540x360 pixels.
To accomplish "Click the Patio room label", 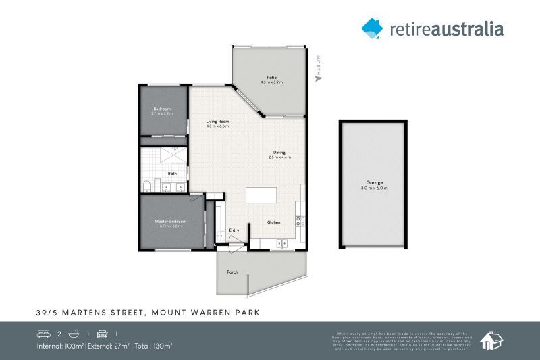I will coord(271,78).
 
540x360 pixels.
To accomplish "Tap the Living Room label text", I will coord(217,122).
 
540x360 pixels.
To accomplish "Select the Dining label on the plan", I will coord(279,153).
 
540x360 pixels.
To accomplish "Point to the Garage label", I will coord(375,182).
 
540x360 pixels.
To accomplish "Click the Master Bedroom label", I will coord(169,221).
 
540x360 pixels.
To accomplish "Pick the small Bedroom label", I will coord(162,109).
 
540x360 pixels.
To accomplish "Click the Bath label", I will coord(172,174).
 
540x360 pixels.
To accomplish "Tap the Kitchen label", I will coord(273,222).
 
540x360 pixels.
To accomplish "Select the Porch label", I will coord(232,272).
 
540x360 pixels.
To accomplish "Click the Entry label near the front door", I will coord(234,230).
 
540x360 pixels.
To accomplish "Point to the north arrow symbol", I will coord(319,78).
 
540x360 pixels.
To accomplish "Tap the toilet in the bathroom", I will coord(147,185).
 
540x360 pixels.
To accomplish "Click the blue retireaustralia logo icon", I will coord(372,28).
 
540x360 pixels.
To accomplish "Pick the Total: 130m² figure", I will coord(153,346).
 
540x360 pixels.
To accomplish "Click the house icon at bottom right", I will coord(490,340).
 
